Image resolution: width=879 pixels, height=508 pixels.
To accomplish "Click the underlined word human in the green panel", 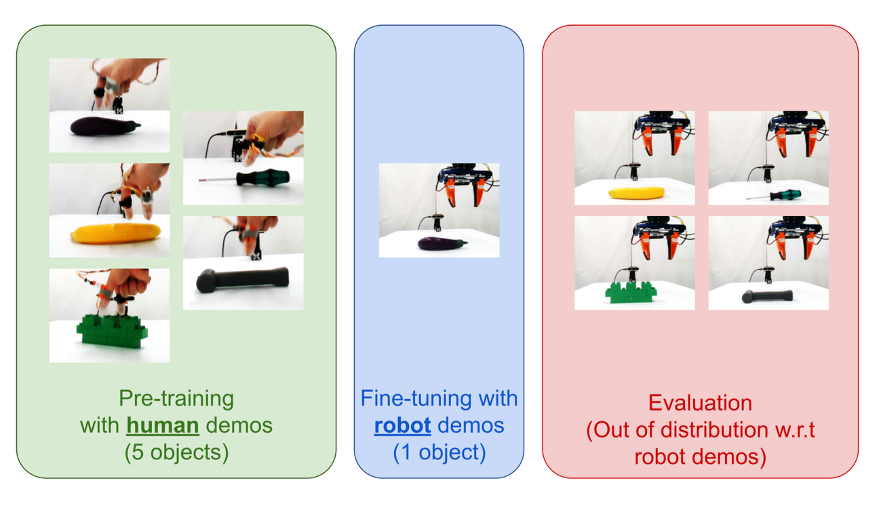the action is coord(162,425).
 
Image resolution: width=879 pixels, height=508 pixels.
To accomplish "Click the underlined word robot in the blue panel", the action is coord(402,425).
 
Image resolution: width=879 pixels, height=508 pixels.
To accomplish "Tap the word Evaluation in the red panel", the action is coord(700,403).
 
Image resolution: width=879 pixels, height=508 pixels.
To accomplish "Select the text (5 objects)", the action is coord(176,452).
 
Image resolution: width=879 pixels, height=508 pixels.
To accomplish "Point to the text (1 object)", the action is coord(439,452).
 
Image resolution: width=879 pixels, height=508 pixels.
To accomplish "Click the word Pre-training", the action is coord(176,398).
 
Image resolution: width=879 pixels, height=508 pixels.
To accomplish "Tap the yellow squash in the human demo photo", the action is coord(116,234).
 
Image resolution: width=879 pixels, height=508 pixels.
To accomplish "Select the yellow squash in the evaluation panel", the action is coord(636,193).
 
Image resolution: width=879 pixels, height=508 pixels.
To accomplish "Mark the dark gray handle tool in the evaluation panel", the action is coord(768,297).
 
